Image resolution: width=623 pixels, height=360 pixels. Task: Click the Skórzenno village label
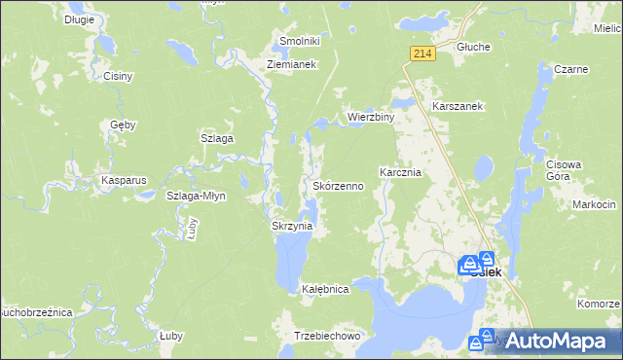click(338, 185)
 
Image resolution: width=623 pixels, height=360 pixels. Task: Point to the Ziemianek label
click(293, 65)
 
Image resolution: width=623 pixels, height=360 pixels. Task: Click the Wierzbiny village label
click(371, 118)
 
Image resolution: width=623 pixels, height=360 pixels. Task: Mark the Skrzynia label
click(291, 226)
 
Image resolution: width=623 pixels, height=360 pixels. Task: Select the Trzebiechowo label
click(328, 335)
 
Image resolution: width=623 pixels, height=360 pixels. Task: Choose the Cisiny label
click(117, 76)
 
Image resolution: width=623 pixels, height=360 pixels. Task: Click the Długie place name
click(80, 18)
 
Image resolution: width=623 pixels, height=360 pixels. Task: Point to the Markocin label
click(594, 204)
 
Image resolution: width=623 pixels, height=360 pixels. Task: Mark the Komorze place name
click(598, 304)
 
